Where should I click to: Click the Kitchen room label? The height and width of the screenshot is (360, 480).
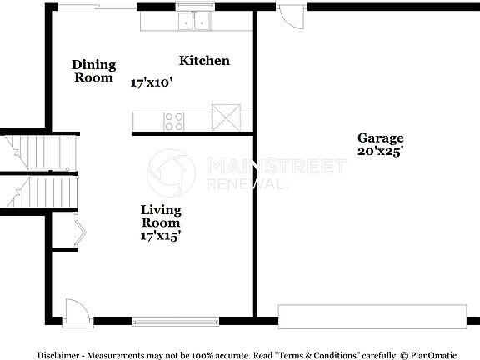205,61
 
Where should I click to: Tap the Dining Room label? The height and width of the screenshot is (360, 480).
93,71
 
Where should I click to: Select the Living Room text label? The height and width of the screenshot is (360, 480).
161,217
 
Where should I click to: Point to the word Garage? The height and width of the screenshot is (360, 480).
381,138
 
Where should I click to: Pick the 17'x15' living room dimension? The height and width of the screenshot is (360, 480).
161,236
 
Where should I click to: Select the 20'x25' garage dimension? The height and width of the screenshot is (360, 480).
381,152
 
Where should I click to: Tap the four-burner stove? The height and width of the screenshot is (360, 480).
174,121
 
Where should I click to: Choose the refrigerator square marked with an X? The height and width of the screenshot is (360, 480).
226,117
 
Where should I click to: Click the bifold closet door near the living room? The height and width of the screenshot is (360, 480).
77,233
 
